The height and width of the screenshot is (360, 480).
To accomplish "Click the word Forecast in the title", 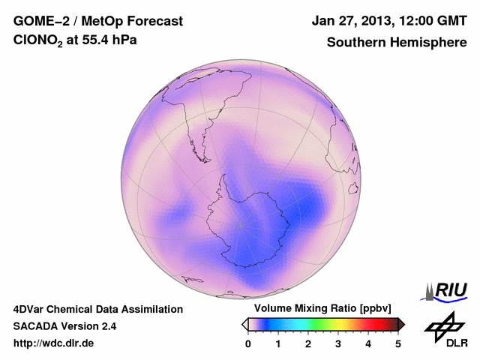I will click(x=157, y=21).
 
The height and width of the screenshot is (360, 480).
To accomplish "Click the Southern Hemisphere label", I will click(x=395, y=43).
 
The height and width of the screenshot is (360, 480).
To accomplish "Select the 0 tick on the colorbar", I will click(x=248, y=343).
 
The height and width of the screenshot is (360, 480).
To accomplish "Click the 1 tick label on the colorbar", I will click(x=278, y=343).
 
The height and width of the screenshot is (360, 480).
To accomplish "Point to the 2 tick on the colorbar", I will click(x=308, y=343).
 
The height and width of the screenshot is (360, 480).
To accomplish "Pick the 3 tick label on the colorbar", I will click(x=338, y=343).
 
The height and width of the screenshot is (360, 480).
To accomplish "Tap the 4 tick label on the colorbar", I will click(x=368, y=343).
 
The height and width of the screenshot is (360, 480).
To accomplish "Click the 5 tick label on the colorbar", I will click(x=398, y=343).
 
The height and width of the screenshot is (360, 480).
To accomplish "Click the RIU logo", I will click(x=447, y=289).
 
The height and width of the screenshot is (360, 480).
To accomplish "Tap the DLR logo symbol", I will click(x=442, y=327).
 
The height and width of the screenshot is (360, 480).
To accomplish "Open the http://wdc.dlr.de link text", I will click(x=54, y=343).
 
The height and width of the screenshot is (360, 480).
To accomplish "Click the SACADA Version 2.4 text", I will click(x=64, y=326).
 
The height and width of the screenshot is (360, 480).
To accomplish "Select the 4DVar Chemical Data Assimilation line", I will click(x=97, y=309).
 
